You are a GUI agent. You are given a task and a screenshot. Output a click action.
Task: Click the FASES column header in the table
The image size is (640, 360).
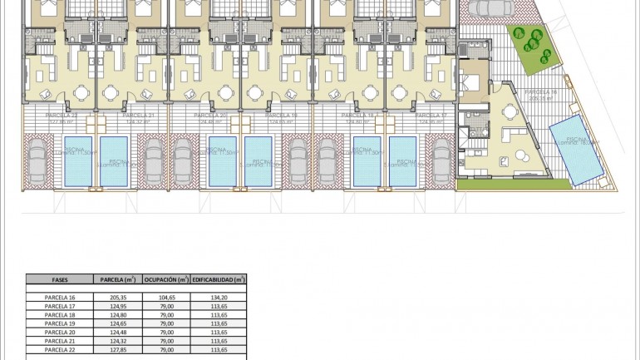59,280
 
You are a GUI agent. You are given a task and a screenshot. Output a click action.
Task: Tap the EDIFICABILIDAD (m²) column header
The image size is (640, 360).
219,280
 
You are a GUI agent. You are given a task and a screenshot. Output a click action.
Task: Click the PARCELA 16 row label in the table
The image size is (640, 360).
59,297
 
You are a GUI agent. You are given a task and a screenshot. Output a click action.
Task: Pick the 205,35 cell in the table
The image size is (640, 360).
117,297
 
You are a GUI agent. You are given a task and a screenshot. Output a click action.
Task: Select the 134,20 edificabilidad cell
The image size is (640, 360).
219,297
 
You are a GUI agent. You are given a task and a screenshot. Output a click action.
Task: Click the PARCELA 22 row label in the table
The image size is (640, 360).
59,350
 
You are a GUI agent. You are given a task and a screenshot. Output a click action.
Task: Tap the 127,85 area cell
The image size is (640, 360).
117,350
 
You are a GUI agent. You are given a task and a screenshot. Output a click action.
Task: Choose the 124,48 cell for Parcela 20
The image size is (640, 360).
117,333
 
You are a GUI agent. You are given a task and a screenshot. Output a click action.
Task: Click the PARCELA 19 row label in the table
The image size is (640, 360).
59,323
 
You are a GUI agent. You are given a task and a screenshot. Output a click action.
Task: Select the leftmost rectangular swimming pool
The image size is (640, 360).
76,160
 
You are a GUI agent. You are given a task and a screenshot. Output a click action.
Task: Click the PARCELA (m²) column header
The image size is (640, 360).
117,280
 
